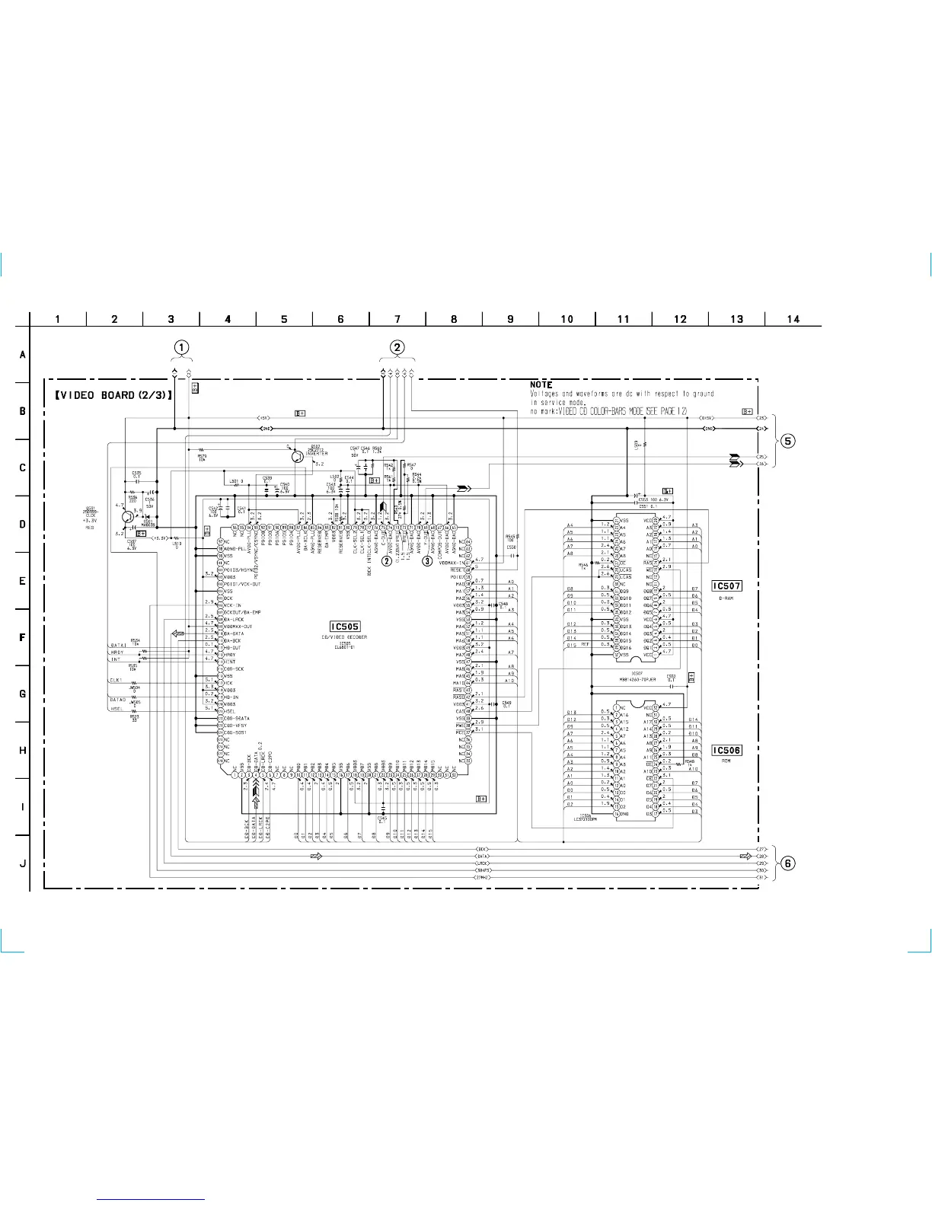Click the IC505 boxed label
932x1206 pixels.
[345, 627]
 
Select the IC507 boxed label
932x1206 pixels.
[726, 585]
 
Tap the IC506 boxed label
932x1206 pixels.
[726, 750]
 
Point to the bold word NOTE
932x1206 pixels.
[541, 384]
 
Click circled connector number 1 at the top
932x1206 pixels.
[180, 347]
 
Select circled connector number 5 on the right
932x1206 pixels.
[789, 441]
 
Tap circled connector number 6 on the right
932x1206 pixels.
[789, 863]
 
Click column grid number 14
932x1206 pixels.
[793, 319]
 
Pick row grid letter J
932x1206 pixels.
[22, 863]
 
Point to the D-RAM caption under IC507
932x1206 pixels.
[726, 598]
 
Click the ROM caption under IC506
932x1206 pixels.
[726, 761]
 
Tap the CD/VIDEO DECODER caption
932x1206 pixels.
[345, 637]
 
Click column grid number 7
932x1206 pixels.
[397, 319]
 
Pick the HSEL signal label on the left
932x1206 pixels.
[116, 710]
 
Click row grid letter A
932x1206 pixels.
[22, 355]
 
